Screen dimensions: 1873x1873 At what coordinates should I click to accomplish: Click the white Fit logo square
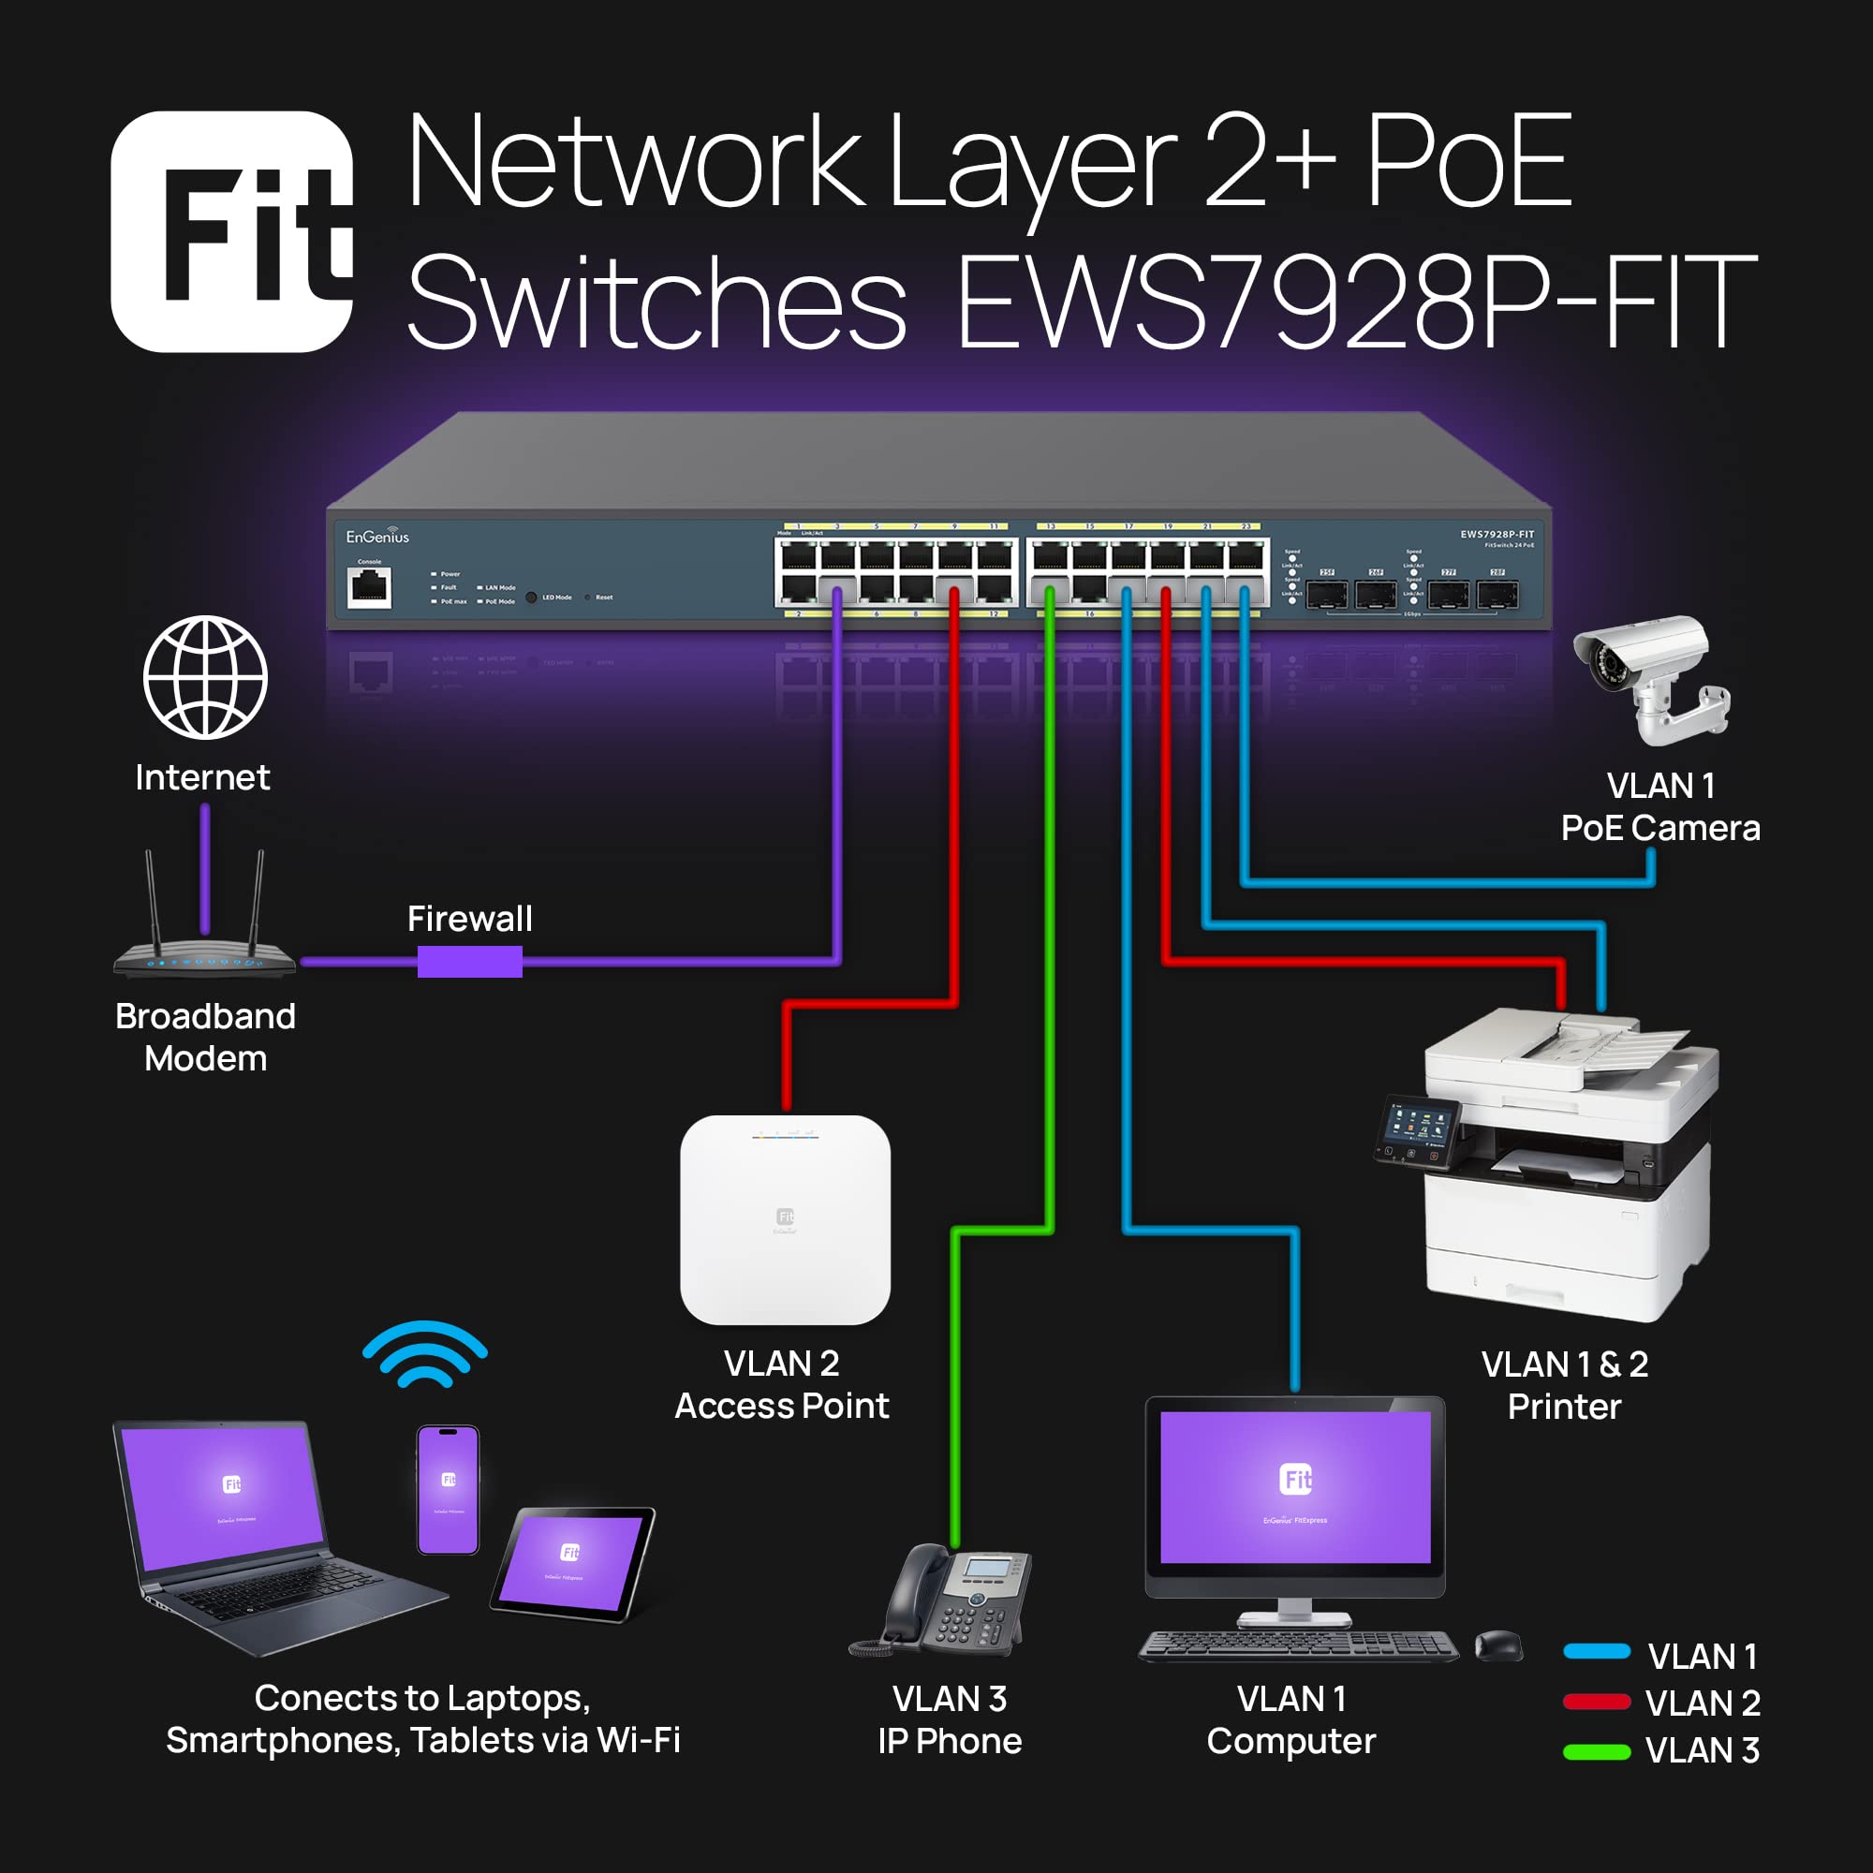[x=231, y=231]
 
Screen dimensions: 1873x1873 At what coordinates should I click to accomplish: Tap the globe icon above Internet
[x=204, y=678]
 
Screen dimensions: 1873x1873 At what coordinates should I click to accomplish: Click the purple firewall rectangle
[x=469, y=962]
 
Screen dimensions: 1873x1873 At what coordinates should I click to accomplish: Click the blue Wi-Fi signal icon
[x=424, y=1353]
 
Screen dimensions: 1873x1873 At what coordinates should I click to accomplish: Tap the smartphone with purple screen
[x=448, y=1490]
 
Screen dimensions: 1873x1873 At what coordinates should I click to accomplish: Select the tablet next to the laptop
[x=572, y=1562]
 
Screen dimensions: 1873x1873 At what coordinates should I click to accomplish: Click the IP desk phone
[x=945, y=1600]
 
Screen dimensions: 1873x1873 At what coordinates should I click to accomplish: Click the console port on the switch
[x=369, y=586]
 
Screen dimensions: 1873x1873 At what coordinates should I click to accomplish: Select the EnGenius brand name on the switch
[x=377, y=536]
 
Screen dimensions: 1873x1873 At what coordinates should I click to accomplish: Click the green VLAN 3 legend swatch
[x=1596, y=1752]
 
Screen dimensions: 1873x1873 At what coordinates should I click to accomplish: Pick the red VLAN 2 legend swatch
[x=1596, y=1702]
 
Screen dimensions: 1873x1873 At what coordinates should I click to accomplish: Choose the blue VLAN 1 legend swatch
[x=1596, y=1652]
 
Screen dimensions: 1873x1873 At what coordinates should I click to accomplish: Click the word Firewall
[x=469, y=918]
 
